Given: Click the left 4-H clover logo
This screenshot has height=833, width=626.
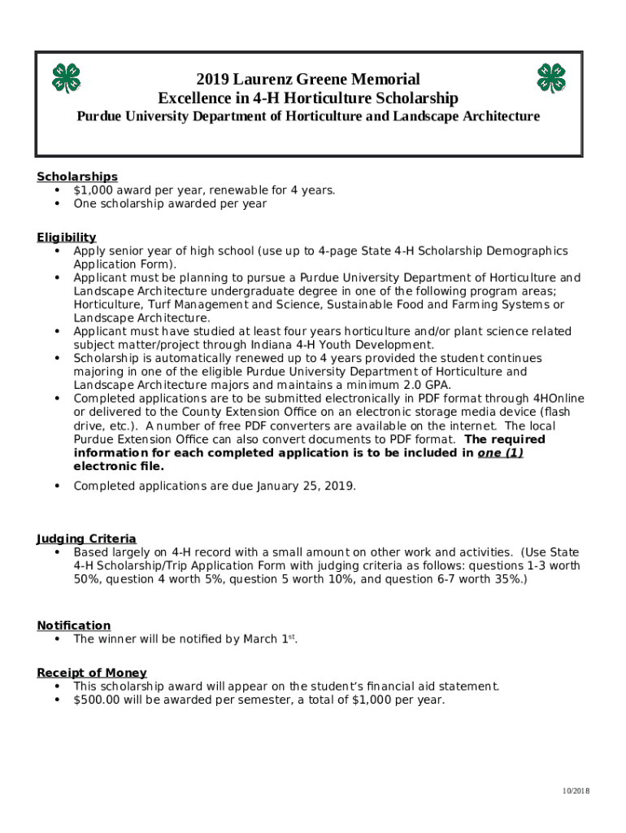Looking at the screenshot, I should tap(67, 78).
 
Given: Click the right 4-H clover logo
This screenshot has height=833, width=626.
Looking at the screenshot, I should tap(551, 78).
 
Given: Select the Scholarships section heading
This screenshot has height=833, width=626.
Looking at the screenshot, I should tap(77, 177).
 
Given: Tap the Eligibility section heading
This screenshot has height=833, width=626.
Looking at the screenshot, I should tap(67, 238).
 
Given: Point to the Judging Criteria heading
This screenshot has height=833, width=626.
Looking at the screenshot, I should tap(86, 539).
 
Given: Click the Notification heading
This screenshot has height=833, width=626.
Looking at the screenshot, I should tap(74, 626).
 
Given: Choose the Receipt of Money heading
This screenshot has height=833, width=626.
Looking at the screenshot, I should tap(92, 673).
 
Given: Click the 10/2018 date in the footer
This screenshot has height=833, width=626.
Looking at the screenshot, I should tap(576, 792).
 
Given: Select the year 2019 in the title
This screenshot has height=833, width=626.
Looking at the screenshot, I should tap(213, 80).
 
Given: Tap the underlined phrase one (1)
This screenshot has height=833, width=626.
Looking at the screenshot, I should tap(500, 453).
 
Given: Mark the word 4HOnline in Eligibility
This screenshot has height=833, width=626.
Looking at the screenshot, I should tap(559, 399).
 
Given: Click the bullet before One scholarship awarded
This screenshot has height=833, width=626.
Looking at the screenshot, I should tap(57, 204).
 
